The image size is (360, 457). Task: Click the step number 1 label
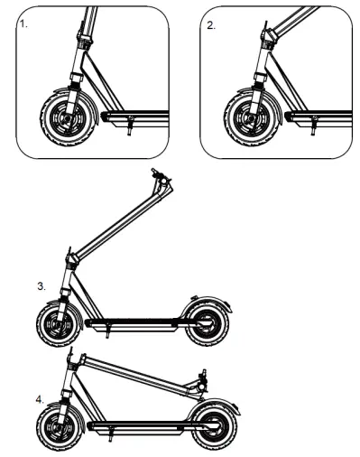tap(23, 25)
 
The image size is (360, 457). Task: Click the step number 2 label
tap(211, 25)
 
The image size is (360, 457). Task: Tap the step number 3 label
tap(42, 286)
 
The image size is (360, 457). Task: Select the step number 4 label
tap(40, 397)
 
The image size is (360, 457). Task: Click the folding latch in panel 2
tap(268, 37)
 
